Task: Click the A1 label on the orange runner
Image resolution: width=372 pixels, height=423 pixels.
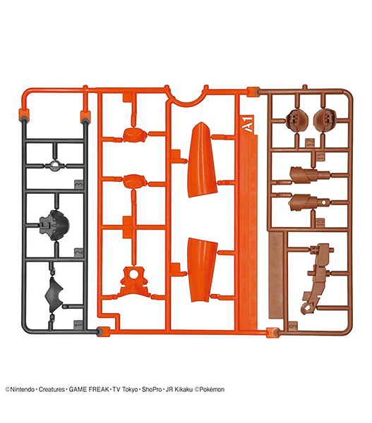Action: click(x=248, y=124)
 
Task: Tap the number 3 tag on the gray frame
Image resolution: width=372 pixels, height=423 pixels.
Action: click(x=78, y=185)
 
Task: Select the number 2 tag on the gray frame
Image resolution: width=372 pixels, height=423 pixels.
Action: click(x=78, y=253)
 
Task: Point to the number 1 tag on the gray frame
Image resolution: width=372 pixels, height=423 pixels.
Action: click(x=78, y=324)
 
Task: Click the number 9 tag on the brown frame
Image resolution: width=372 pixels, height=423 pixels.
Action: click(x=292, y=326)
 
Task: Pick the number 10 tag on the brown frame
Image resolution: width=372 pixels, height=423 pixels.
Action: click(x=320, y=223)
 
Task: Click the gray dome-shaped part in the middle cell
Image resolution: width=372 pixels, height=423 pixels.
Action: click(x=54, y=226)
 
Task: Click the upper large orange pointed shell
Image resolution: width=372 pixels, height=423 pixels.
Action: click(x=202, y=160)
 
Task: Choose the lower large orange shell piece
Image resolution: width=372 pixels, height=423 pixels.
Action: click(x=203, y=270)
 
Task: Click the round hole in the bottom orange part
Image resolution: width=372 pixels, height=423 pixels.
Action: click(x=133, y=274)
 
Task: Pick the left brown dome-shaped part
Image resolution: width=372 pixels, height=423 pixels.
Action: click(x=297, y=120)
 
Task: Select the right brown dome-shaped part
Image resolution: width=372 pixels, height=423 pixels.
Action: click(x=325, y=120)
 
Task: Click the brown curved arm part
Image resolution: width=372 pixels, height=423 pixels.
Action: click(x=318, y=278)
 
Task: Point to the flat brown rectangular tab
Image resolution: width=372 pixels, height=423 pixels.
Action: click(x=275, y=275)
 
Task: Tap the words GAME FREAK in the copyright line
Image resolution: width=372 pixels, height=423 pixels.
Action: click(x=89, y=390)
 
